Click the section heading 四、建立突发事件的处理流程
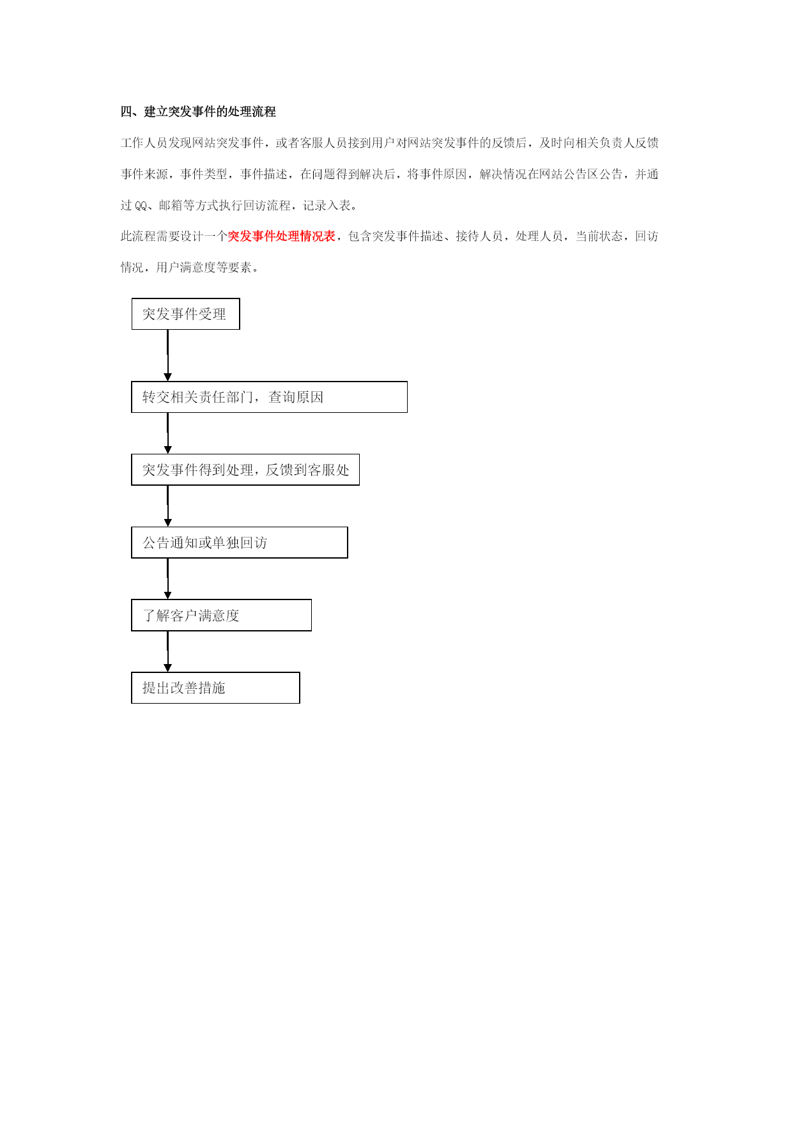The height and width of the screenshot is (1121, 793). click(198, 112)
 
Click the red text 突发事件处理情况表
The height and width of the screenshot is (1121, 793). click(282, 236)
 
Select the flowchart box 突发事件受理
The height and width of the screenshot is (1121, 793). click(185, 314)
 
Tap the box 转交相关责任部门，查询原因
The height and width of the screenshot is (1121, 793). click(269, 397)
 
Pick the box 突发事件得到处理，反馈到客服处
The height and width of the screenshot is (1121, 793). click(245, 470)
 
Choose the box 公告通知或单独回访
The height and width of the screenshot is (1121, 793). click(240, 543)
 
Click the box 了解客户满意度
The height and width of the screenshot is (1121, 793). click(221, 615)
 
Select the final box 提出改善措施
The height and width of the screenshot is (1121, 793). click(215, 688)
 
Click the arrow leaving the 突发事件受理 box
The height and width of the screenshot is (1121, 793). click(167, 355)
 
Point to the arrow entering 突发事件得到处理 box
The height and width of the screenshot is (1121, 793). click(167, 433)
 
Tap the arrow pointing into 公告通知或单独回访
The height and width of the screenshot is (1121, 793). click(167, 506)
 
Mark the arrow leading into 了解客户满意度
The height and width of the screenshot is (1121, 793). click(167, 579)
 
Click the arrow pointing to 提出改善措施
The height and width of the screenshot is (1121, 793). click(167, 652)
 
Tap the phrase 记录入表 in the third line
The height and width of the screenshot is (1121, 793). click(327, 205)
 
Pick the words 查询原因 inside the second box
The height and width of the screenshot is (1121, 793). click(296, 397)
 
